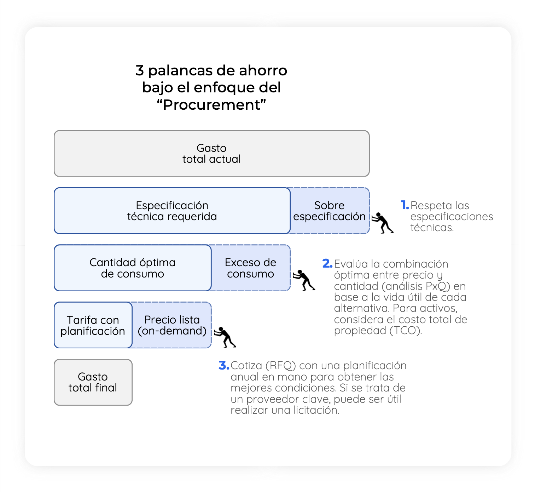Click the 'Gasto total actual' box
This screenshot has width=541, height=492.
point(211,153)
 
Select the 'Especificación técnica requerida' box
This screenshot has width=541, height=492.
point(172,211)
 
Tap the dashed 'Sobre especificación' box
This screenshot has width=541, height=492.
point(330,211)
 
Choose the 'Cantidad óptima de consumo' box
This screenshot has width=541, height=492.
point(132,268)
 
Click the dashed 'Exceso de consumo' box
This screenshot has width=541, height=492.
point(251,268)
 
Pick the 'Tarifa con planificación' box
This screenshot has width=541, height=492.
point(93,325)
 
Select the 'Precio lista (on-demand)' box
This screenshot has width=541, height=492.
point(172,325)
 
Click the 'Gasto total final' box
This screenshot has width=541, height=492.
point(93,382)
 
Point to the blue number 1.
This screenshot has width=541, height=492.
point(405,205)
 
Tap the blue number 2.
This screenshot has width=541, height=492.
point(327,263)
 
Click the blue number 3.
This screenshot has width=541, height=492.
point(224,365)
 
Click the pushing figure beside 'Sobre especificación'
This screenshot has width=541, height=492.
point(383,223)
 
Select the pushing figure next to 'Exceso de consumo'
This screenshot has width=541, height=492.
point(304,280)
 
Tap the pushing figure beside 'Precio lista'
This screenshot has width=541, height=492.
point(225,337)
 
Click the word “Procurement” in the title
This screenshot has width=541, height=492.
point(211,105)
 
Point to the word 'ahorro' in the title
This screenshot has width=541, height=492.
point(263,71)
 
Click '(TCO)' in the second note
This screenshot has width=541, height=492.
point(406,331)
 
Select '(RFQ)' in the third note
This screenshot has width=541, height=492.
point(281,366)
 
